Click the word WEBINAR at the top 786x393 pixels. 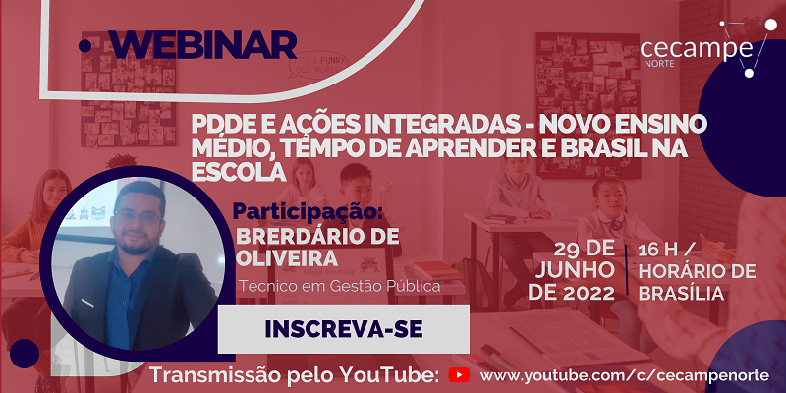(x=201, y=45)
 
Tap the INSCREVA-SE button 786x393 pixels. (x=343, y=329)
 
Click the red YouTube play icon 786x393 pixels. (x=459, y=375)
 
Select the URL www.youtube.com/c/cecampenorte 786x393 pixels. (x=624, y=375)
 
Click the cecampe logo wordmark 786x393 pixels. (x=697, y=48)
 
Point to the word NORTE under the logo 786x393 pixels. (x=659, y=64)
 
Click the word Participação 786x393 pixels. (x=308, y=211)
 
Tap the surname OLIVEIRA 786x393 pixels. (x=287, y=259)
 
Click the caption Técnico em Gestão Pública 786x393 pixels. (x=339, y=286)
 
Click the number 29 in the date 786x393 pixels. (x=569, y=248)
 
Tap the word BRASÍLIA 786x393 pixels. (x=681, y=294)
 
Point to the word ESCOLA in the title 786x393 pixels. (x=239, y=172)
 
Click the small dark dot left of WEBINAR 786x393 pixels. (x=85, y=46)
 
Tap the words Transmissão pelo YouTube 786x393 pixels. (x=296, y=375)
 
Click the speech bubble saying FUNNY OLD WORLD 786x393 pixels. (x=317, y=66)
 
